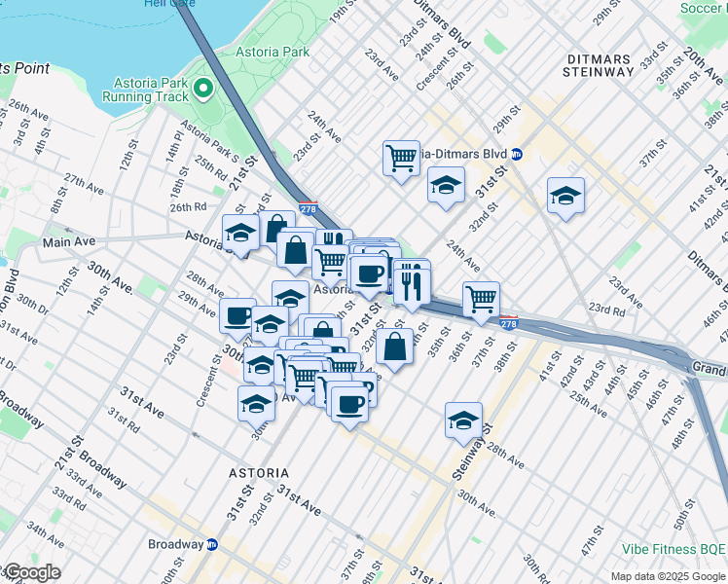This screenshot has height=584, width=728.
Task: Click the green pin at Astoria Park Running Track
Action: coord(203,90)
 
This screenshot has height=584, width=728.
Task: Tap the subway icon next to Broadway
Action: coord(212,544)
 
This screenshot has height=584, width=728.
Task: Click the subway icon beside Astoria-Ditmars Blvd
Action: coord(518,154)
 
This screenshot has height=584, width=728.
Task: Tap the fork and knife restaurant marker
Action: coord(412,282)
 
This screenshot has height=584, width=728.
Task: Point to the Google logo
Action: coord(33,572)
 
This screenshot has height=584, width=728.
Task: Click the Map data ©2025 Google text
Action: coord(668,576)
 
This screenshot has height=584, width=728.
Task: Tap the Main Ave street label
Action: coord(66,240)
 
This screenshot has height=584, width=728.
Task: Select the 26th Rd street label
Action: coord(189,206)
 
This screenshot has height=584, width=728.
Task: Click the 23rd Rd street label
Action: coord(605,310)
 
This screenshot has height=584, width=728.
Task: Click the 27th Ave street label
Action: coord(84,183)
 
